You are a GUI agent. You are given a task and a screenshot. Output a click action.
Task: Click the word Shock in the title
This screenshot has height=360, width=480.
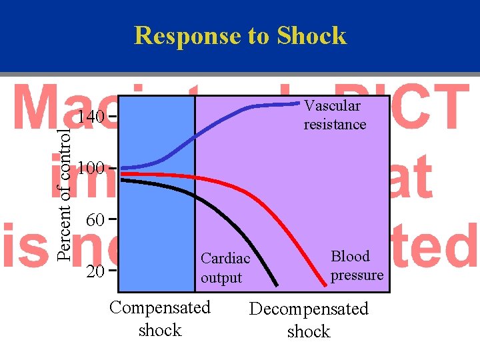point(311,35)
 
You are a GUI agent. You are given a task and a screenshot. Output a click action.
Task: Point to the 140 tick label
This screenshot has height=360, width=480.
point(89,118)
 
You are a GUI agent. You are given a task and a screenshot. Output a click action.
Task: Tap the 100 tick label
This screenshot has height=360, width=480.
point(89,168)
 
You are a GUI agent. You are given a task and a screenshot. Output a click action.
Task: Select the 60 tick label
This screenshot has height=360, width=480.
point(95,219)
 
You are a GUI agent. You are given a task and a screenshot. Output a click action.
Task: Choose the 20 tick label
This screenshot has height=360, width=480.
point(95,271)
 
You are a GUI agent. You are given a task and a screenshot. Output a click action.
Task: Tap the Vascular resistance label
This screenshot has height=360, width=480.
point(335,115)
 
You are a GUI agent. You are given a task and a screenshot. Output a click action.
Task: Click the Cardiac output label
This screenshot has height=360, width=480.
point(225,268)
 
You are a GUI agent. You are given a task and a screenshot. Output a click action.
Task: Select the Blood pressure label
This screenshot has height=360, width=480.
point(357,265)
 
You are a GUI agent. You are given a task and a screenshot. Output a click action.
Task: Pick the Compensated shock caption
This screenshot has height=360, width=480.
point(160,319)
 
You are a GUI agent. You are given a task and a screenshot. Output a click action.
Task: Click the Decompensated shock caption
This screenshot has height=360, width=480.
point(308,320)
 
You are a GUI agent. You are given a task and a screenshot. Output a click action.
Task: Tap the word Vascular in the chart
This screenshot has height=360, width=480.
point(332,106)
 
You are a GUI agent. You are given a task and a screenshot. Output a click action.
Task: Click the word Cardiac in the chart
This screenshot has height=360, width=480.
point(225,259)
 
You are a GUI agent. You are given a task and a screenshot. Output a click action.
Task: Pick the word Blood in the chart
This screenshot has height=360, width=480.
point(350,257)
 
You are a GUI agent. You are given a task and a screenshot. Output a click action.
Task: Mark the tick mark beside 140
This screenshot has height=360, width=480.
point(113,117)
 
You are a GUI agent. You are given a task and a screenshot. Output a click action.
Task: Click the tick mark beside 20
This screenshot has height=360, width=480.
point(113,271)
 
